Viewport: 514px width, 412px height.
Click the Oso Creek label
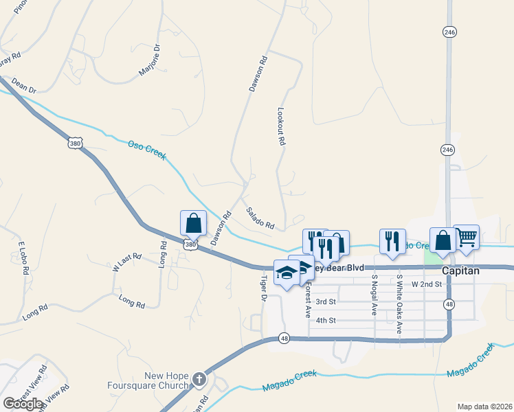[147, 150]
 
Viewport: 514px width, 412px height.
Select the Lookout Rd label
[280, 126]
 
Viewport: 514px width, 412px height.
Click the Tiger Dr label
[262, 288]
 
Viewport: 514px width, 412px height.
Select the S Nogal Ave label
[375, 295]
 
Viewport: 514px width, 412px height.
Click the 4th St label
[325, 320]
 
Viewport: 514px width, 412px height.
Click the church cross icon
[199, 379]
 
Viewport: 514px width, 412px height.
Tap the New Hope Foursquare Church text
[166, 380]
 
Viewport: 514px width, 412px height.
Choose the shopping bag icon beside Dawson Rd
[194, 223]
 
